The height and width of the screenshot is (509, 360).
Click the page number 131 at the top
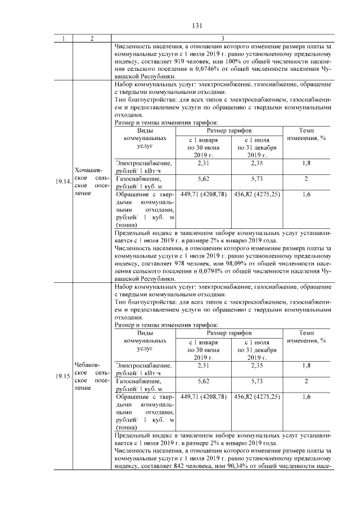coord(197,25)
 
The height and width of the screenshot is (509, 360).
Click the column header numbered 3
coord(222,38)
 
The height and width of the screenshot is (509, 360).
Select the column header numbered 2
coord(92,38)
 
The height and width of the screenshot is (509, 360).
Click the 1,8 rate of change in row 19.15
coord(307,365)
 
